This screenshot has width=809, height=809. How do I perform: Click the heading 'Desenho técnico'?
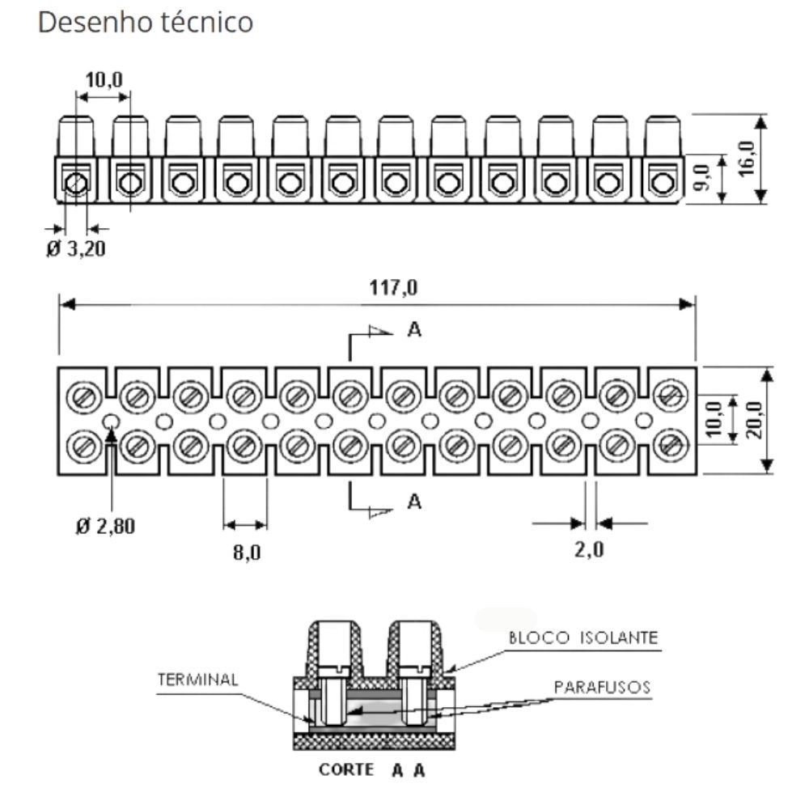tap(146, 23)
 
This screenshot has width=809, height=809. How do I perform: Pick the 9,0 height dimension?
tap(702, 177)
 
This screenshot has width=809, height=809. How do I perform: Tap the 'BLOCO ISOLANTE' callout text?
tap(582, 637)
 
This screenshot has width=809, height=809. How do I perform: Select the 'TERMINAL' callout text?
tap(198, 680)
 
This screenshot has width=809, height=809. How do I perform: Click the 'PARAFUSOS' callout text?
tap(603, 688)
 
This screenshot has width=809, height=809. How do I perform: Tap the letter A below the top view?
tap(414, 502)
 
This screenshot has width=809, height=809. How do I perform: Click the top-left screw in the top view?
tap(84, 396)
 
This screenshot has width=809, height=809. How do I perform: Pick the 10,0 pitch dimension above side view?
tap(104, 79)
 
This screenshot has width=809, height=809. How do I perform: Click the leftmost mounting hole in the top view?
tap(111, 421)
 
